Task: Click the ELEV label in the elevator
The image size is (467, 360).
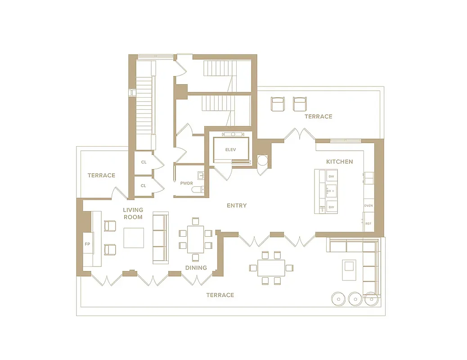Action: [231, 150]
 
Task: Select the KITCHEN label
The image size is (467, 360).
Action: [339, 162]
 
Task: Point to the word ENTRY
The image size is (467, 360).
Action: [237, 206]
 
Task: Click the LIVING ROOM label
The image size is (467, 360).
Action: [133, 213]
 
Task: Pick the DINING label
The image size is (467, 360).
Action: [196, 268]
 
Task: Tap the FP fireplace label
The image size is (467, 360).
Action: [87, 244]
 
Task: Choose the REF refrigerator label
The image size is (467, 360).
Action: [368, 224]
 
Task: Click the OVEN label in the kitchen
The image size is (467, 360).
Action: [368, 206]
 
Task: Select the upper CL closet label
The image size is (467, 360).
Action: [144, 162]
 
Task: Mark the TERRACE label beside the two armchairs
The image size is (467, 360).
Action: [318, 117]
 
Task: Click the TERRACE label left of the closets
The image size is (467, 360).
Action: [101, 175]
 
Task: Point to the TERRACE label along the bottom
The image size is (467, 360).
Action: [220, 295]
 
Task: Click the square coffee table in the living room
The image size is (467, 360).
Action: [134, 238]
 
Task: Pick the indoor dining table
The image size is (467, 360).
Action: [195, 239]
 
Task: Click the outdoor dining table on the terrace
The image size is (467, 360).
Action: [271, 268]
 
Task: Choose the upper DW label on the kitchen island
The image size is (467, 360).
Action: [331, 176]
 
